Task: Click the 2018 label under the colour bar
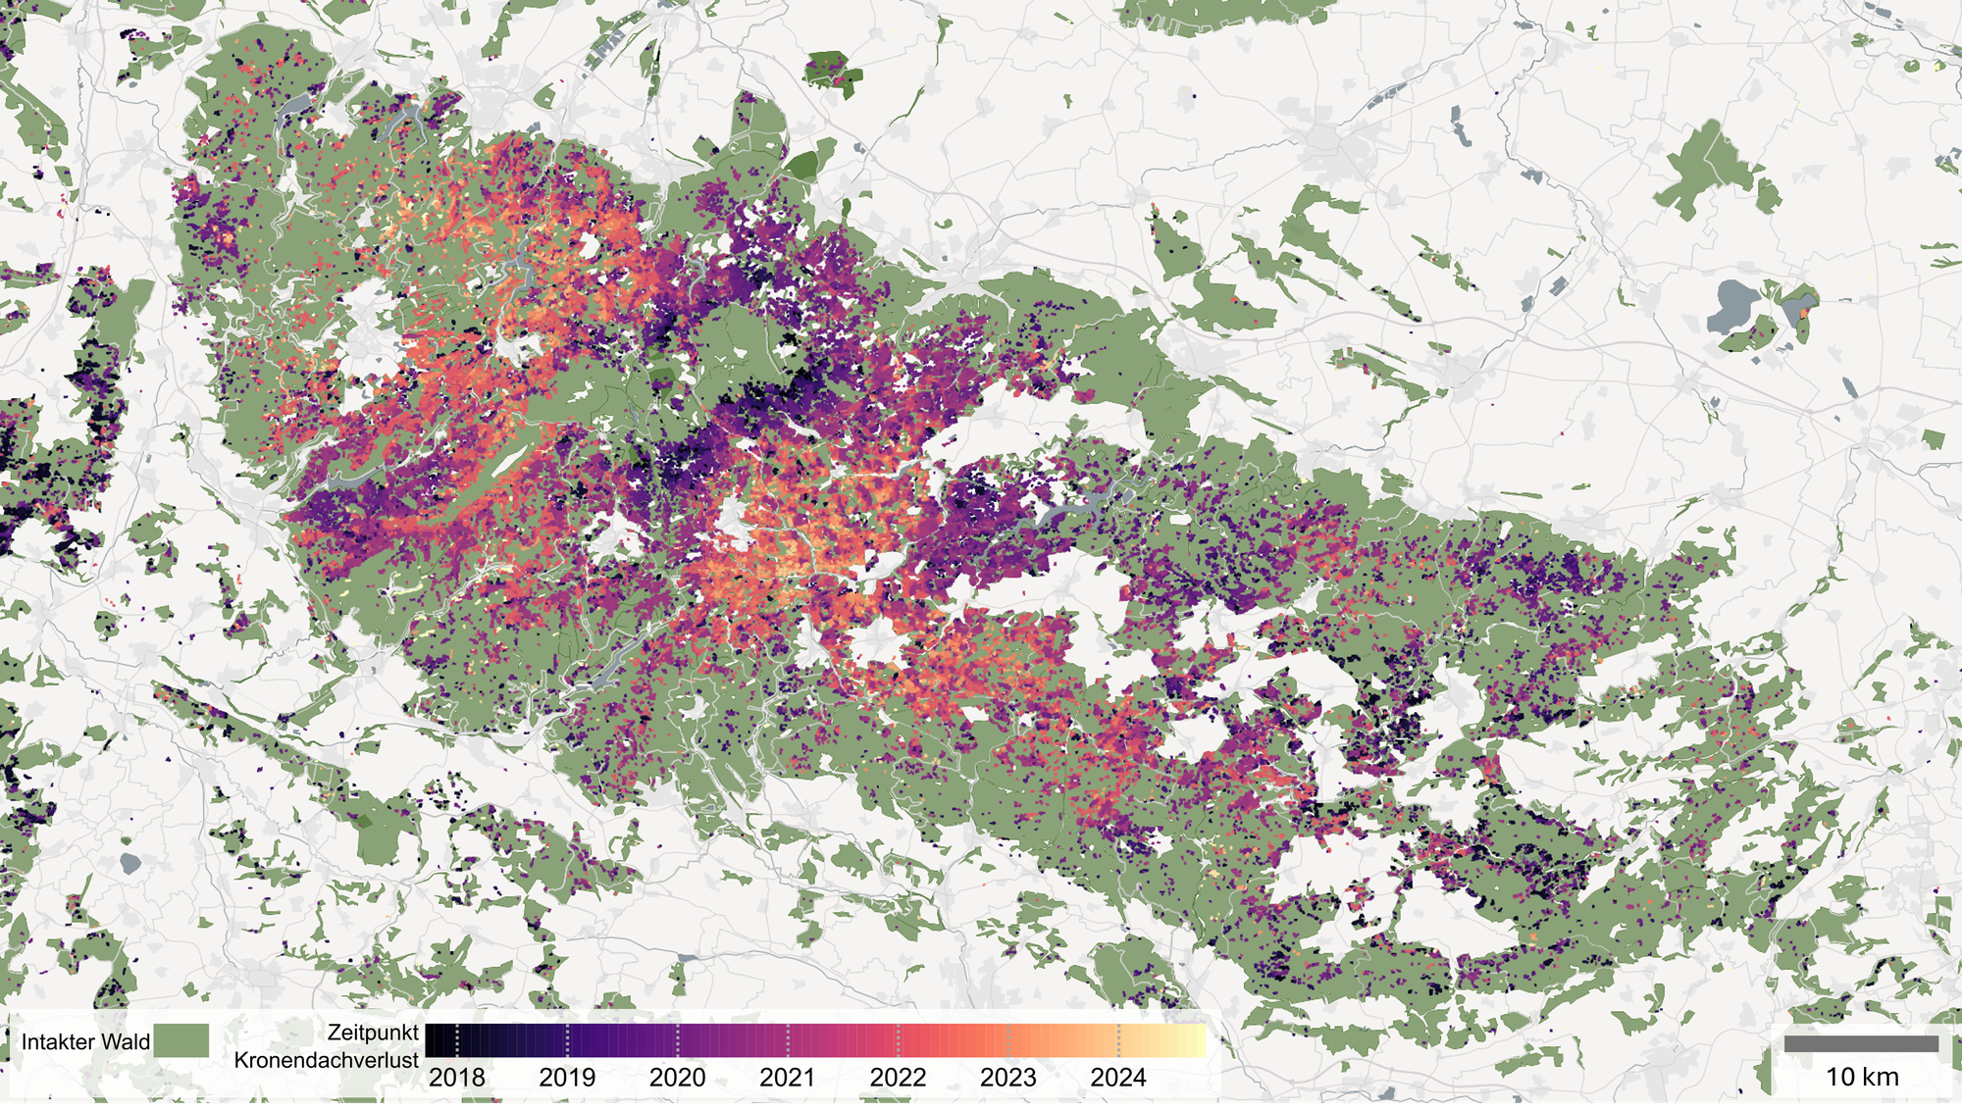[457, 1077]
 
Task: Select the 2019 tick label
[567, 1077]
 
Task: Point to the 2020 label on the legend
[677, 1077]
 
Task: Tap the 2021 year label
[787, 1077]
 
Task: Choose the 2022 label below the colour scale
[898, 1077]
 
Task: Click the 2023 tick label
[1007, 1077]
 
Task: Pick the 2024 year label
[1118, 1077]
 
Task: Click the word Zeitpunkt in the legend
[373, 1033]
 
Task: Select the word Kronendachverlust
[326, 1060]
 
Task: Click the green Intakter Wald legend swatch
[181, 1040]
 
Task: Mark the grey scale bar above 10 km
[1861, 1044]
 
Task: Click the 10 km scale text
[1861, 1077]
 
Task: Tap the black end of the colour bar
[433, 1040]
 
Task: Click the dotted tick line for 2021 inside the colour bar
[788, 1040]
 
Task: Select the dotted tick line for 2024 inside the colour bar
[1118, 1040]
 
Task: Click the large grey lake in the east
[1733, 306]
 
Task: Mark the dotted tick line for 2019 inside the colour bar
[567, 1040]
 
